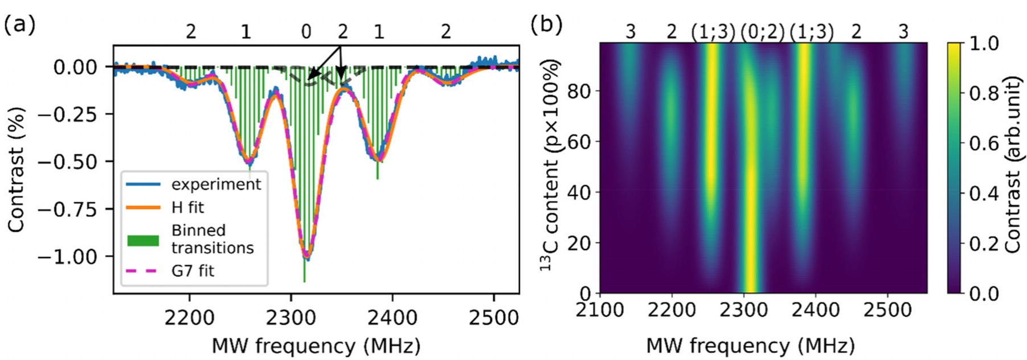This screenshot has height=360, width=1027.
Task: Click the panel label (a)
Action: coord(19,24)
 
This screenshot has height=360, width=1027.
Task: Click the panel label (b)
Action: coord(546,24)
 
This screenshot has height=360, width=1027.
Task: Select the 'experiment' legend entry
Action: coord(216,185)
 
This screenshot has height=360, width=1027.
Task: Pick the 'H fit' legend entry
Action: coord(187,207)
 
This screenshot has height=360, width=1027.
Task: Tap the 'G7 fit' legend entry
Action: coord(193,271)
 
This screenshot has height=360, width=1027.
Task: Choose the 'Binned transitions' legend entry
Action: coord(212,239)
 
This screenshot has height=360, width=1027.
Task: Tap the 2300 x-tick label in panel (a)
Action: coord(290,317)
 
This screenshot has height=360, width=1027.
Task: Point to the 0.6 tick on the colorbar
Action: coord(984,144)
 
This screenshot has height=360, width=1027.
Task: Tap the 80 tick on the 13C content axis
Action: coord(579,91)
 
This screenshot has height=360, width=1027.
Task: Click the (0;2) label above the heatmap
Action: coord(763,32)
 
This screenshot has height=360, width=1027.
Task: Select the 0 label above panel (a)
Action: coord(306,32)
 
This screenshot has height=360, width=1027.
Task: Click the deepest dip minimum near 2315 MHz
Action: coord(306,257)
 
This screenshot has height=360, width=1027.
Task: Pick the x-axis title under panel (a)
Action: coord(316,346)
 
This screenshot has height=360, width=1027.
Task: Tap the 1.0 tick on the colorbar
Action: coord(984,44)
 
